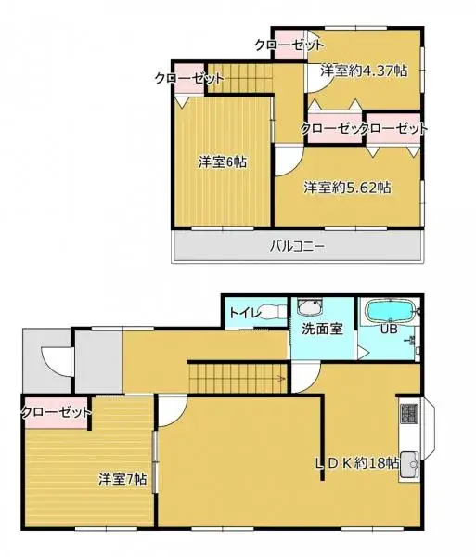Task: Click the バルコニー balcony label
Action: click(297, 246)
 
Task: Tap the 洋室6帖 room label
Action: click(222, 162)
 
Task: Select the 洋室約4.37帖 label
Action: click(363, 70)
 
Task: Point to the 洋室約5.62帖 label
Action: click(348, 187)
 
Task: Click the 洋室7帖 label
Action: click(122, 479)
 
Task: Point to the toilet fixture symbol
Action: click(272, 312)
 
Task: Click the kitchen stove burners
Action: click(409, 414)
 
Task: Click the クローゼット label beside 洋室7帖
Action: click(56, 411)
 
